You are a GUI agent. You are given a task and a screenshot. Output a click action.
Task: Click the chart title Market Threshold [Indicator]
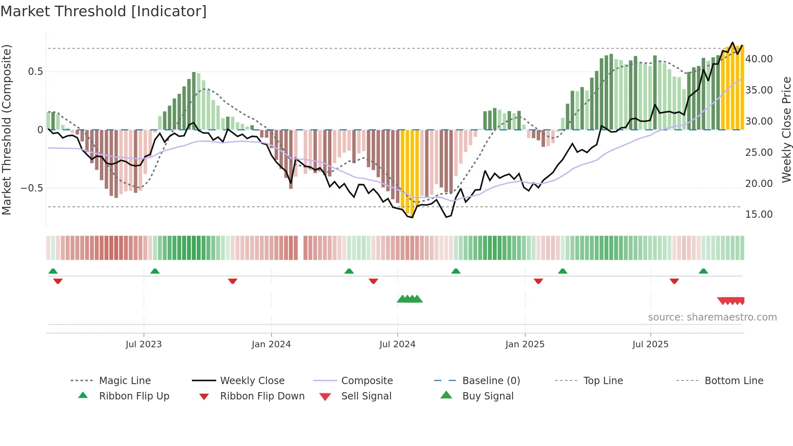[x=104, y=11]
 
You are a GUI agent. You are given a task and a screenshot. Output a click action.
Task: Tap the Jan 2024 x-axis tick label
[x=271, y=344]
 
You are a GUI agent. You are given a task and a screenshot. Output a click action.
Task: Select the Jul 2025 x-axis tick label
[x=650, y=344]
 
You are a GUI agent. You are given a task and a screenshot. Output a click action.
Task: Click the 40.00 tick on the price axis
[x=759, y=59]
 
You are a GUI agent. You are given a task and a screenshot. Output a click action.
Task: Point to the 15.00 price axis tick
[x=759, y=215]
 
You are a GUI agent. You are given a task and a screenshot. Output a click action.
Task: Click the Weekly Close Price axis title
[x=786, y=130]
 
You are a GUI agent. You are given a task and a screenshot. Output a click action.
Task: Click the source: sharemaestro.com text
[x=712, y=317]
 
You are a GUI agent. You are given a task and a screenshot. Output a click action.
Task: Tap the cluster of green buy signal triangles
[x=409, y=299]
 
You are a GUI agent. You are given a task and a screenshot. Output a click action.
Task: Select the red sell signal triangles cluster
[x=731, y=301]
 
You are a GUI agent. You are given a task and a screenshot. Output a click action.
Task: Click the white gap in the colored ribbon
[x=301, y=248]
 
